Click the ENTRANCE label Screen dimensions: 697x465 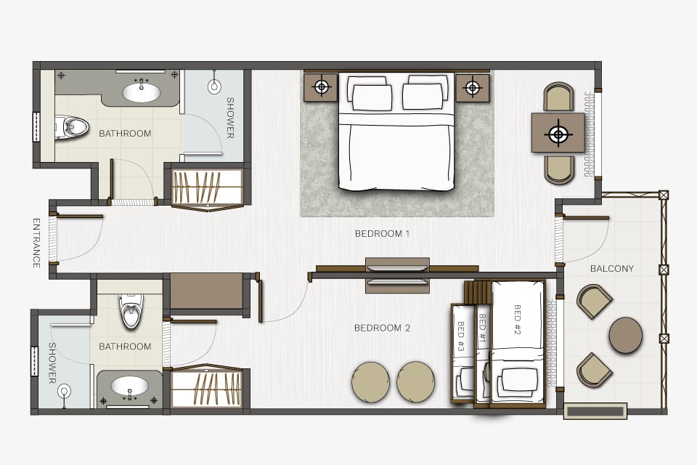click(36, 243)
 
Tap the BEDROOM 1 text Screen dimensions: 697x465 click(383, 234)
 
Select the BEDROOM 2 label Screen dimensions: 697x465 click(383, 328)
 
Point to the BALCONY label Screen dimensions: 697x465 click(611, 268)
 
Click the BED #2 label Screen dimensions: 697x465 click(517, 320)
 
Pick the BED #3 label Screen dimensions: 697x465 click(461, 336)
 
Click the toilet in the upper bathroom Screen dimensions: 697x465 click(71, 127)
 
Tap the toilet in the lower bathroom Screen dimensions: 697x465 click(131, 310)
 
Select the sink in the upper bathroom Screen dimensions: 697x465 click(142, 92)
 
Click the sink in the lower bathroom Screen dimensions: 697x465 click(129, 387)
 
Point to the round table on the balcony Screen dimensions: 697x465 click(625, 335)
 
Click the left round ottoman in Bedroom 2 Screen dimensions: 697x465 click(371, 381)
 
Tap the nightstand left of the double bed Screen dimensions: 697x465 click(321, 87)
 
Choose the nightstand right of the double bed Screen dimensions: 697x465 click(473, 88)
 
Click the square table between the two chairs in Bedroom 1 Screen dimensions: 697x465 click(558, 133)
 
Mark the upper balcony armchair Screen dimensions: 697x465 click(595, 302)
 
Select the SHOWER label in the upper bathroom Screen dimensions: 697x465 click(230, 118)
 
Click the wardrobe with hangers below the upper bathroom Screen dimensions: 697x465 click(208, 188)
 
